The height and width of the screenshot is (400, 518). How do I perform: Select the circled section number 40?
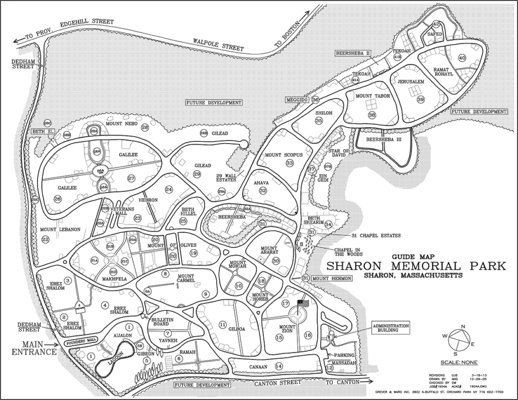coord(462,58)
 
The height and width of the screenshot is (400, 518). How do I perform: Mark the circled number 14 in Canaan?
coord(279,366)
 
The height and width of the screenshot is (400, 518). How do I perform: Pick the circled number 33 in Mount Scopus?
coord(290,164)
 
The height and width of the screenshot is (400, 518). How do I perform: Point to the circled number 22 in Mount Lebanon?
coord(45,240)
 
